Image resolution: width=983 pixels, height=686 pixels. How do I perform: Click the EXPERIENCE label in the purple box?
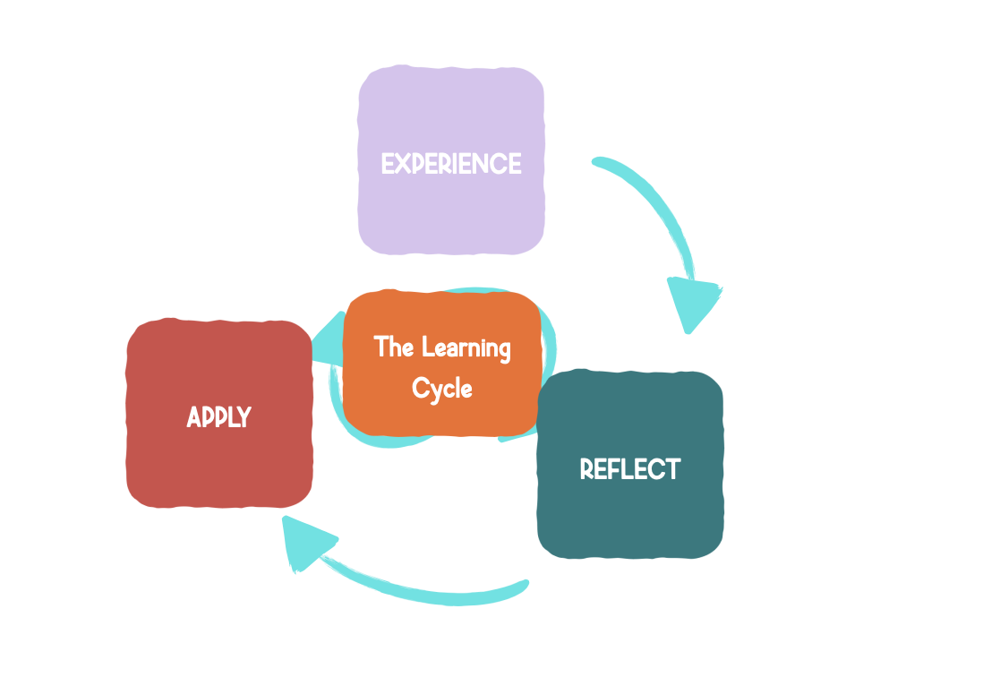(x=451, y=164)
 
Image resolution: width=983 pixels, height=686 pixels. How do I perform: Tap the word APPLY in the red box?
(x=219, y=417)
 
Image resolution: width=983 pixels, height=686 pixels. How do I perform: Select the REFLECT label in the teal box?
(x=630, y=469)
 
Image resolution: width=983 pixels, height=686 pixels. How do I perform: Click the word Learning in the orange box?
(x=466, y=348)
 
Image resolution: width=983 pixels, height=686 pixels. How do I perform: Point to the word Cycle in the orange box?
(x=442, y=389)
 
